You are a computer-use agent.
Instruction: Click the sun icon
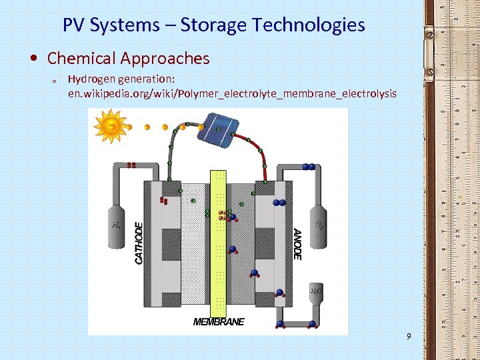(111, 125)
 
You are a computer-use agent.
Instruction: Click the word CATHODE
(139, 243)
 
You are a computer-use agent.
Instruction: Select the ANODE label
(297, 244)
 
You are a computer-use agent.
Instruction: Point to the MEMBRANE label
(219, 322)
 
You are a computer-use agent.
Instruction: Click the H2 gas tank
(117, 225)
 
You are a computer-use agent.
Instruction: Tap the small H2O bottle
(316, 291)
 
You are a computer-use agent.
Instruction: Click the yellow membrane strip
(219, 243)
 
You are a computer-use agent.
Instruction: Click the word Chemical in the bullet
(81, 59)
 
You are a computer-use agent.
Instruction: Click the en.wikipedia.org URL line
(232, 93)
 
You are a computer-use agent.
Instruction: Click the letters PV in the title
(75, 25)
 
